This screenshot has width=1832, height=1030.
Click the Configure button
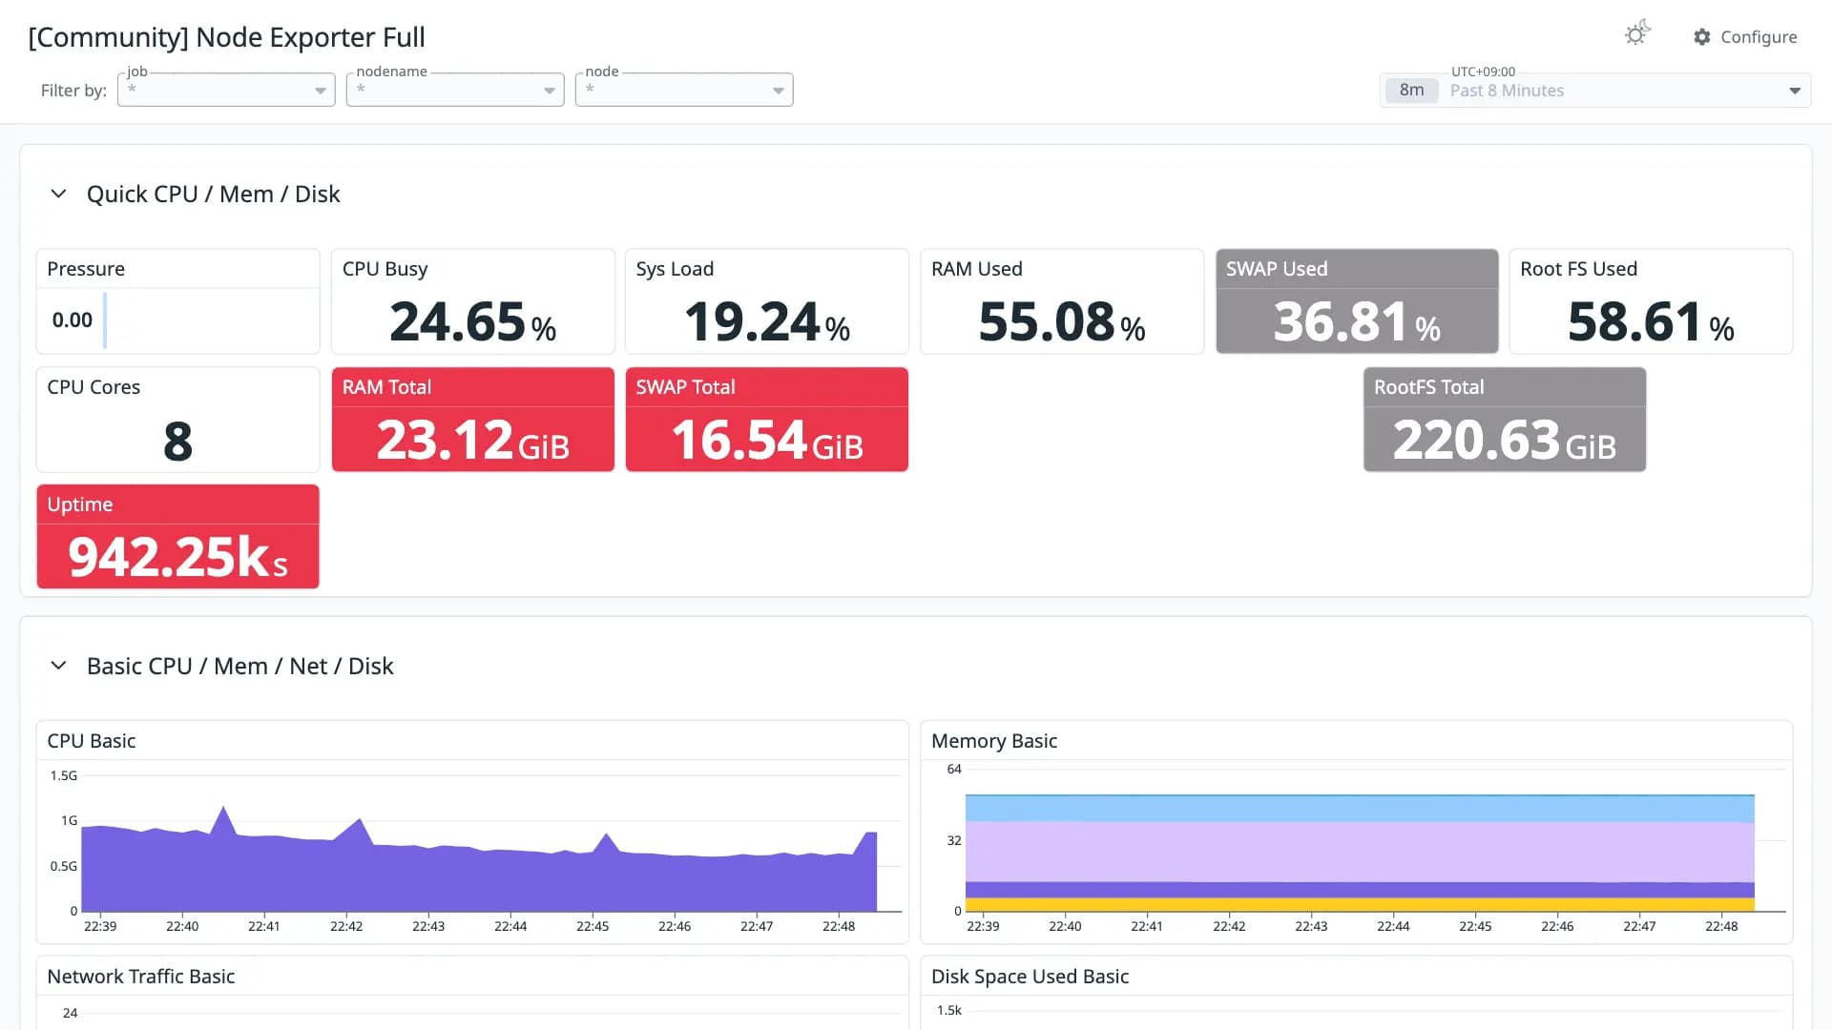click(1745, 36)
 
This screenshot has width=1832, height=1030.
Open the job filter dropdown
click(226, 90)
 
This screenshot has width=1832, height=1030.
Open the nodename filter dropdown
click(455, 90)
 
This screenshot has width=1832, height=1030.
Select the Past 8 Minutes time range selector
click(1594, 90)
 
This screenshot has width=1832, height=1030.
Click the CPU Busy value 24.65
click(458, 321)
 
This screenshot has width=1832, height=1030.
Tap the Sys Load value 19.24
click(752, 321)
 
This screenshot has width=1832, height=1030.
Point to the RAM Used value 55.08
click(1047, 321)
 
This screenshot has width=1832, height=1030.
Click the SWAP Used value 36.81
click(1342, 321)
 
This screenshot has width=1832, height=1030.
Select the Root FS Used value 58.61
click(1635, 321)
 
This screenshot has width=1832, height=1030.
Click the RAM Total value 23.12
click(445, 440)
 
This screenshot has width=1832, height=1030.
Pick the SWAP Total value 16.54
click(739, 440)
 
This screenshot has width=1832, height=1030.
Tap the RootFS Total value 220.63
click(1476, 440)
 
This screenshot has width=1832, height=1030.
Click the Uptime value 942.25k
click(170, 557)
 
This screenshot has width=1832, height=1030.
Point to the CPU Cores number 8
click(177, 441)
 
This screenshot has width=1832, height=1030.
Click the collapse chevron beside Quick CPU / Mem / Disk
click(58, 194)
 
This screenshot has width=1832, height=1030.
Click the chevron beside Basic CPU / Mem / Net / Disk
click(58, 666)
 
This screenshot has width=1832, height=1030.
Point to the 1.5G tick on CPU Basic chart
click(64, 775)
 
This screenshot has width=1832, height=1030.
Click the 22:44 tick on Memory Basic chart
click(1393, 926)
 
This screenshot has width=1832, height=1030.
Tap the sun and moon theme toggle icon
click(1637, 33)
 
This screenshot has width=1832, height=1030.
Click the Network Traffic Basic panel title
click(141, 977)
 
